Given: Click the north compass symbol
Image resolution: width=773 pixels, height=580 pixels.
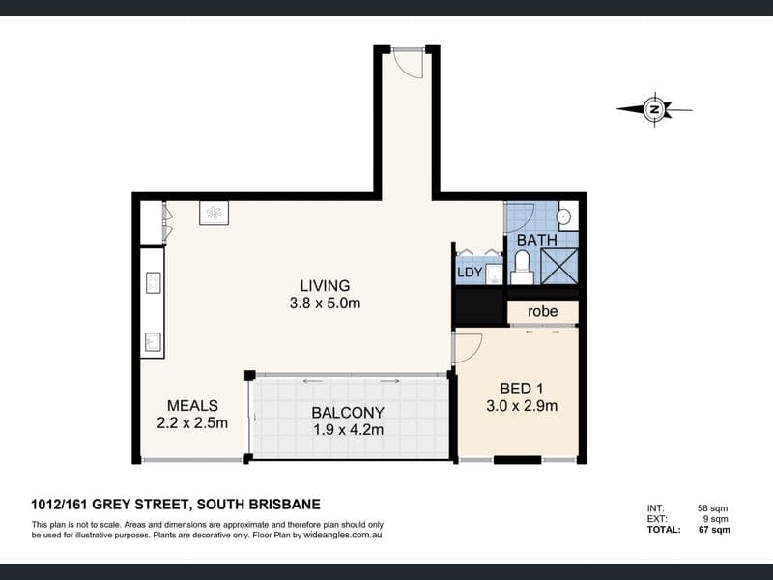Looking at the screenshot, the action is [655, 109].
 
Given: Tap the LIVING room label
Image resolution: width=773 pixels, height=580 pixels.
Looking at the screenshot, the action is [325, 285].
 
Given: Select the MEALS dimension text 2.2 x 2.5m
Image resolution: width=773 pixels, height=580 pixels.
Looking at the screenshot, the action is [192, 422].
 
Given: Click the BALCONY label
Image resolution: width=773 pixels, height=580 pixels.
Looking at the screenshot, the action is [348, 412].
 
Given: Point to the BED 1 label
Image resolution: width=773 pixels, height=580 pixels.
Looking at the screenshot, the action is [522, 389].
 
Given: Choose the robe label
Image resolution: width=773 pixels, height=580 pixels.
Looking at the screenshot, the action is [542, 311].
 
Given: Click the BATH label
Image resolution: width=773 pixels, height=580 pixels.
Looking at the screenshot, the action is [537, 240].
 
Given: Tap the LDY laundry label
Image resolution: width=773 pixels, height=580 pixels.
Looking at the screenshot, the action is [470, 273].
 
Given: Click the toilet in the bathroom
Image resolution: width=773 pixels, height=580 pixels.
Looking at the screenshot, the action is [521, 267].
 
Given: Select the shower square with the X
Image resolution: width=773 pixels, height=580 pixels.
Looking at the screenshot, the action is [559, 266].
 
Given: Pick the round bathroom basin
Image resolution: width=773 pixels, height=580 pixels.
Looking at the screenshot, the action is [563, 216].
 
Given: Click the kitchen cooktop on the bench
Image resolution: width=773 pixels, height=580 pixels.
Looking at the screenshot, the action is [153, 283].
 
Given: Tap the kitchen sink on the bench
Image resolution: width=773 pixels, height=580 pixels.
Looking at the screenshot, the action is [153, 341].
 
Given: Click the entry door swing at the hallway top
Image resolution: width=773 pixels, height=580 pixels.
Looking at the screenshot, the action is [410, 63].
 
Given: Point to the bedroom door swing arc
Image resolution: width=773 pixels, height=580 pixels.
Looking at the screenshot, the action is [468, 349].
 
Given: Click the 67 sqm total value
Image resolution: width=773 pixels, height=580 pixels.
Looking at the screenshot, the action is [714, 530].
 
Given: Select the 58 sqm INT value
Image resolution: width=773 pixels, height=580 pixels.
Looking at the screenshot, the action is [712, 508].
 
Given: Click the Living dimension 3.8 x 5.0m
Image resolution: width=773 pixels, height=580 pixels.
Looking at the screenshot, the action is [325, 303].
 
